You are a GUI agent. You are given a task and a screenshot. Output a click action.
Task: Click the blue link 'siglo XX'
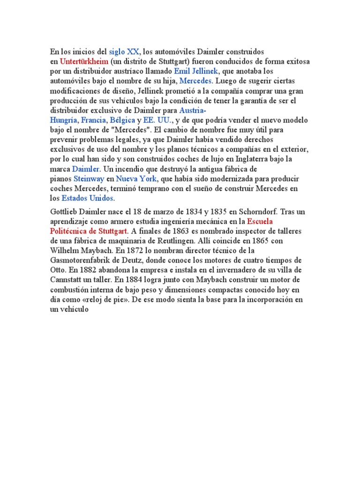click(124, 51)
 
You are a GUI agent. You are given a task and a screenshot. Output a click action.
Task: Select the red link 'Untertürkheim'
click(84, 61)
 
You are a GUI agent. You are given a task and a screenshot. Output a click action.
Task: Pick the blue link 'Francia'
click(94, 120)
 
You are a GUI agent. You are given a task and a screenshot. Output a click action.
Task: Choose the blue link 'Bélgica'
click(122, 120)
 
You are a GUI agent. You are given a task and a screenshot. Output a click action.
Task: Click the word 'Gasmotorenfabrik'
click(81, 260)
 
